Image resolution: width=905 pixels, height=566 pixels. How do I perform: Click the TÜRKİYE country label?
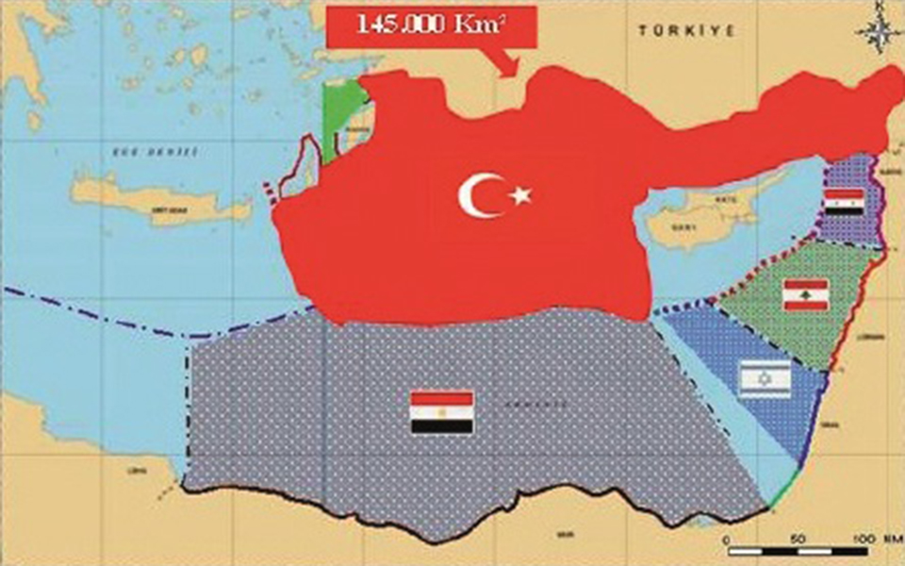click(673, 31)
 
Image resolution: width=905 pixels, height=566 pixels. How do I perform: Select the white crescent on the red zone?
click(477, 195)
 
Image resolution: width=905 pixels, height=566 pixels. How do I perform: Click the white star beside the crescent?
click(520, 195)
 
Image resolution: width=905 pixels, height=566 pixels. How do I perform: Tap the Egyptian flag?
click(441, 412)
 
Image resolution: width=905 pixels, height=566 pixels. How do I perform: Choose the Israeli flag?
click(765, 379)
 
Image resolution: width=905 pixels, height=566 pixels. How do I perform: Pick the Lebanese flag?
click(805, 294)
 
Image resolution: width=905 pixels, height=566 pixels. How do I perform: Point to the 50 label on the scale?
click(798, 537)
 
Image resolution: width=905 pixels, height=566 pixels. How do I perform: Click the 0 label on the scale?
click(727, 538)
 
